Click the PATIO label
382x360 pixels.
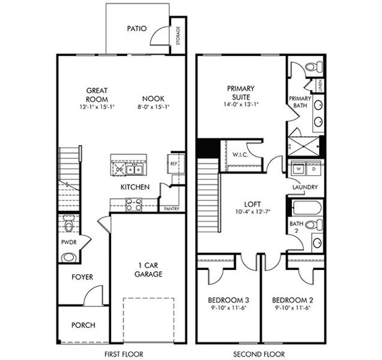[x=137, y=28]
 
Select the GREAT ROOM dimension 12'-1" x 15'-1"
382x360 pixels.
[x=96, y=106]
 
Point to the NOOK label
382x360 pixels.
[x=153, y=99]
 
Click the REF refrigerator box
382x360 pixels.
[x=174, y=163]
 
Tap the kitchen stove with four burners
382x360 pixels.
[x=133, y=204]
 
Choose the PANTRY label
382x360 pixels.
[x=172, y=209]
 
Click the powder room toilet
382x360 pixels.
[x=68, y=225]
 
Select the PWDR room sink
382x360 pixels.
[x=69, y=257]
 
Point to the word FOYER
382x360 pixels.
[x=82, y=277]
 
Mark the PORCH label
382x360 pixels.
[x=83, y=325]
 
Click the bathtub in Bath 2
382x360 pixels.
[x=306, y=207]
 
